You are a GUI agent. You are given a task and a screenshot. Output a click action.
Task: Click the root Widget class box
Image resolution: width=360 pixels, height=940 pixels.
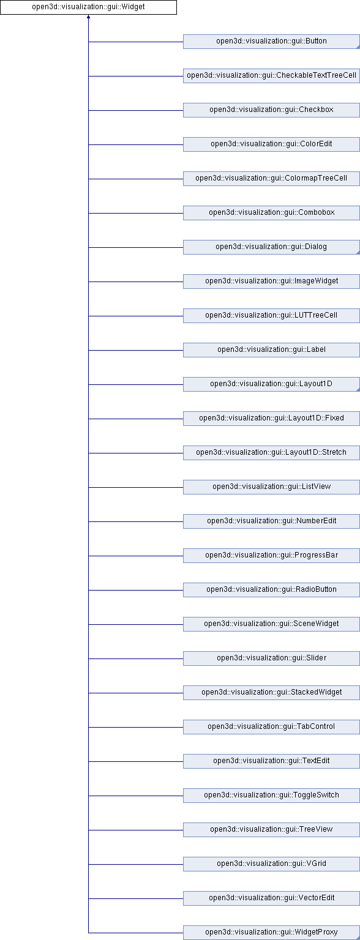tap(88, 7)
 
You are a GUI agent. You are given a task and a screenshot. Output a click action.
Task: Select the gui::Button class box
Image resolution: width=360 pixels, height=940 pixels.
tap(271, 42)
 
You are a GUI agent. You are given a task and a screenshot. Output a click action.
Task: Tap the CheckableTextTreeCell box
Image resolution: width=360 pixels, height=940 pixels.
tap(271, 76)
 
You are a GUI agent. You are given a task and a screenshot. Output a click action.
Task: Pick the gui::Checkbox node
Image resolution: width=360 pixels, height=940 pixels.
tap(271, 110)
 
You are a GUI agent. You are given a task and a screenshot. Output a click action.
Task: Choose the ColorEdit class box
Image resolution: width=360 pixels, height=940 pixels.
tap(271, 144)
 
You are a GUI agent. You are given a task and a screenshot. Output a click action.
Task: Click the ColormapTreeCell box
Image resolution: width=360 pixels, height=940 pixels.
tap(271, 179)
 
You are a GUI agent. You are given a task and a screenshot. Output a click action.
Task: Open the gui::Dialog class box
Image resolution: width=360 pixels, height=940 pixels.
tap(271, 247)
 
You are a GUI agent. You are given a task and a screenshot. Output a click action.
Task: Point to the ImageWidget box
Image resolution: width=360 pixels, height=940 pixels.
tap(271, 282)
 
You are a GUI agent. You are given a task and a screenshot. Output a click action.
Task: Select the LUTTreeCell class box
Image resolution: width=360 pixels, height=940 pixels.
tap(271, 316)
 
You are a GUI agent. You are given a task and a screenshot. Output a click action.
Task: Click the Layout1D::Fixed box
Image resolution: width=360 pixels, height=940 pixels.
tap(271, 419)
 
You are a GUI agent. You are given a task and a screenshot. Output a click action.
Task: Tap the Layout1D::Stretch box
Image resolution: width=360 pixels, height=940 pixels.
tap(271, 453)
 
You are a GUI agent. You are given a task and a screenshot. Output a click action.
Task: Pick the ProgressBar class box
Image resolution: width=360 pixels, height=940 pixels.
tap(271, 556)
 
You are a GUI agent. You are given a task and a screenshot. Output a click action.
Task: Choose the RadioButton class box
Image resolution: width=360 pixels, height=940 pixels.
tap(271, 590)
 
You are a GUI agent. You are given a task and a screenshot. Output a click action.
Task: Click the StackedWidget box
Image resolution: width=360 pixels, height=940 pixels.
tap(271, 693)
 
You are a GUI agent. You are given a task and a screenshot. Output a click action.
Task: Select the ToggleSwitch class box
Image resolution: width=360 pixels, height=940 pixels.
tap(271, 796)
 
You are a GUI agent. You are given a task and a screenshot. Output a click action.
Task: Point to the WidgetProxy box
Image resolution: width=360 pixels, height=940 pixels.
tap(271, 933)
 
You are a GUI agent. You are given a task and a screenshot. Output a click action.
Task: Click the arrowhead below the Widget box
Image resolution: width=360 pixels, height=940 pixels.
tap(89, 17)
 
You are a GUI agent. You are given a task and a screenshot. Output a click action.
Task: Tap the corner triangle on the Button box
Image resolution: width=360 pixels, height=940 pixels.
tap(358, 47)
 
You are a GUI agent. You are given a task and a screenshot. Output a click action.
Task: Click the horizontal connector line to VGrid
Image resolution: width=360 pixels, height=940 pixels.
tap(135, 864)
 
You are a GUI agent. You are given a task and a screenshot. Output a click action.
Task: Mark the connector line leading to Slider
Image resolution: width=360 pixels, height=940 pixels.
tap(135, 658)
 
